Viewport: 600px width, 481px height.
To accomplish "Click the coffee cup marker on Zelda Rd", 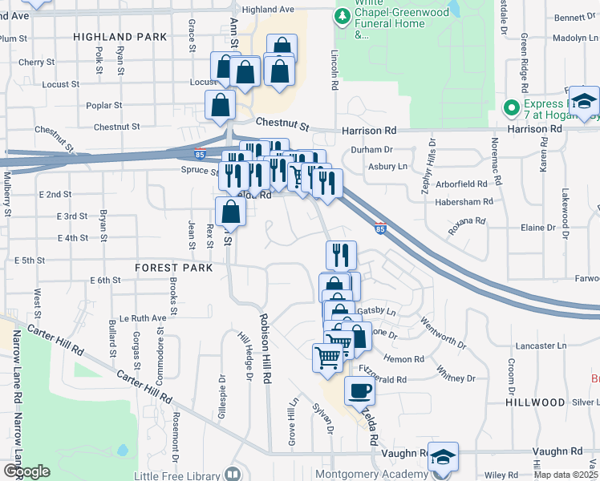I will coord(359,391).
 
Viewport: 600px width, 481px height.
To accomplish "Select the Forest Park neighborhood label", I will coord(174,268).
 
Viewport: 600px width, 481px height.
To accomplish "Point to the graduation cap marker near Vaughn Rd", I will coord(444,457).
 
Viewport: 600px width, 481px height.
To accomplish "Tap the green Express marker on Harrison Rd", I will coord(511,107).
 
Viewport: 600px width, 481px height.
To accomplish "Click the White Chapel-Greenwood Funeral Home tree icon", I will coord(343,15).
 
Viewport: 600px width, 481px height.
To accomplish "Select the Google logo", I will coord(26,471).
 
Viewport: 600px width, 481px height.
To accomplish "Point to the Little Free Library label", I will coord(181,475).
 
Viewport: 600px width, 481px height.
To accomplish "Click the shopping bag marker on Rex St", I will coord(230,212).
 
